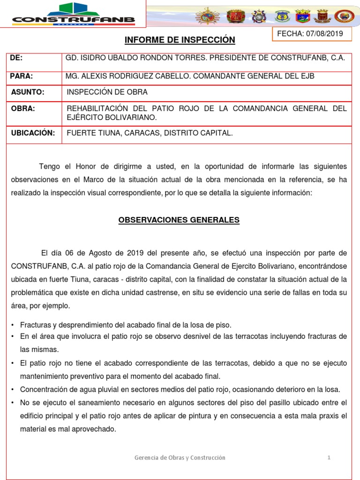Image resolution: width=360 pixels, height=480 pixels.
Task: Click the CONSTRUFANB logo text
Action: [x=74, y=20]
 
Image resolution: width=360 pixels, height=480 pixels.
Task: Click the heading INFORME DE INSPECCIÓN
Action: [x=180, y=41]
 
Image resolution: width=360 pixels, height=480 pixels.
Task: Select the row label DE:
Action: [x=16, y=58]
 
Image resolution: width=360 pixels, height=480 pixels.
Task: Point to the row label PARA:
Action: [x=22, y=76]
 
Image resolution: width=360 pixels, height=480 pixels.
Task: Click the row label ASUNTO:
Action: [x=28, y=92]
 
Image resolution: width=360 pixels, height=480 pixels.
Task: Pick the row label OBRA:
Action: [x=23, y=109]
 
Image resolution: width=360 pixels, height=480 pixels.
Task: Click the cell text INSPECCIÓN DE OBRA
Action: [x=107, y=92]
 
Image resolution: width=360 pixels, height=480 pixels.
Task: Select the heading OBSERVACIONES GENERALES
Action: [x=180, y=220]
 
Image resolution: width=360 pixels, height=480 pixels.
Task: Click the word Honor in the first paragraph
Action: [x=86, y=167]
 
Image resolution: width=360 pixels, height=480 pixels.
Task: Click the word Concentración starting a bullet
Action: [x=42, y=390]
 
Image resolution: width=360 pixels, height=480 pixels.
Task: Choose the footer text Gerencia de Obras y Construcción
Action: [x=180, y=457]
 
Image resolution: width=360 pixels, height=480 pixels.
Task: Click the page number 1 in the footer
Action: [x=330, y=457]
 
